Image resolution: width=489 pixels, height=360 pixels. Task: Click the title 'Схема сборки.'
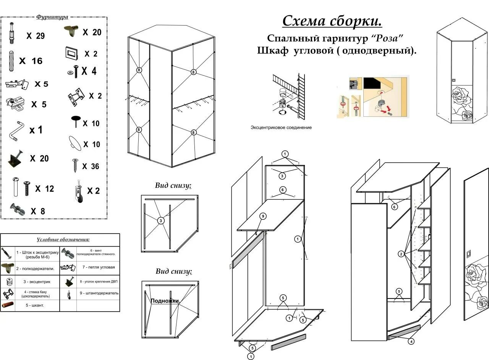tap(332, 21)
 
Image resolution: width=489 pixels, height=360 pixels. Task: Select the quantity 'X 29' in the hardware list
tap(36, 36)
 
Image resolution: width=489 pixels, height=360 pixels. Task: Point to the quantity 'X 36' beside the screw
tap(90, 166)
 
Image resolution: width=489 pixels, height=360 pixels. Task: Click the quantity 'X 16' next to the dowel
tap(31, 61)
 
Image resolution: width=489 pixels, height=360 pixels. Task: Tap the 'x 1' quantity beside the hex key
tap(36, 130)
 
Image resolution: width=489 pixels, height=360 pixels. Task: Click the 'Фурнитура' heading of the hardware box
tap(52, 17)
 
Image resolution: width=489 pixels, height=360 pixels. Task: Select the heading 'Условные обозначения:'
tap(63, 240)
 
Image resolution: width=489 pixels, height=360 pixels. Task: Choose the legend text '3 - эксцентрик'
tap(37, 281)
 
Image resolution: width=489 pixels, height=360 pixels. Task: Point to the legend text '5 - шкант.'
tap(35, 305)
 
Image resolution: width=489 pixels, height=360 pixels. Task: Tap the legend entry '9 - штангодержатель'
tap(99, 293)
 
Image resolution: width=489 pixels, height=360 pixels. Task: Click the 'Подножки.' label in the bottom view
tap(165, 301)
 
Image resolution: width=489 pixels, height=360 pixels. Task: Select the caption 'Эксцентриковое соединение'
tap(281, 128)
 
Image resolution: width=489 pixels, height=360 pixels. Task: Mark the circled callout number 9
tap(263, 216)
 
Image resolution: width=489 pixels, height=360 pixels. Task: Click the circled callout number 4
tap(411, 341)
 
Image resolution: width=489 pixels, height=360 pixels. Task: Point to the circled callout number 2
tap(401, 254)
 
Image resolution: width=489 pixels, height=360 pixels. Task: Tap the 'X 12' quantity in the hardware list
tap(45, 189)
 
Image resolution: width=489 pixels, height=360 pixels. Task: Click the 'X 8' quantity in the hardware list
tap(38, 211)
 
